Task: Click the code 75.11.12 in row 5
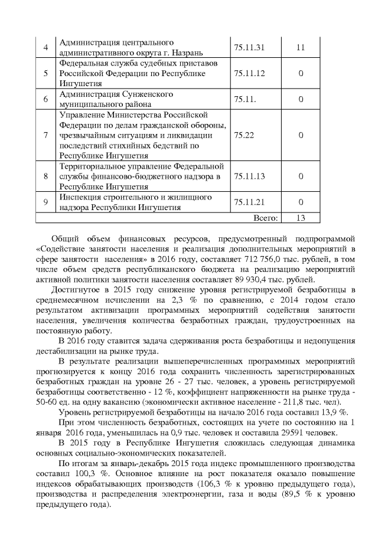pos(249,73)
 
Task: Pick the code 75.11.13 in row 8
pos(249,176)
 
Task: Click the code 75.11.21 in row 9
pos(249,202)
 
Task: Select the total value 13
pos(301,218)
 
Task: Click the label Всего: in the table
pos(265,218)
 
